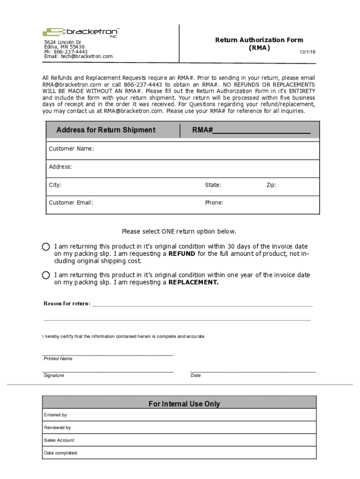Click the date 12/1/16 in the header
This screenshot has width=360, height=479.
pyautogui.click(x=307, y=52)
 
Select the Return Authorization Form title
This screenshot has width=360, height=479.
pyautogui.click(x=259, y=40)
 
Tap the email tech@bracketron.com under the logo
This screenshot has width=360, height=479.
pyautogui.click(x=78, y=57)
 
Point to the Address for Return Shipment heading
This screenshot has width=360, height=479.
pyautogui.click(x=106, y=130)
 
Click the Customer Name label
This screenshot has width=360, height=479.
pyautogui.click(x=72, y=149)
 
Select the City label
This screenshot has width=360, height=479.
pyautogui.click(x=55, y=185)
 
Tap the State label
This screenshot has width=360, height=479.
pyautogui.click(x=213, y=185)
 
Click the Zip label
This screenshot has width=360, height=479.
pyautogui.click(x=271, y=185)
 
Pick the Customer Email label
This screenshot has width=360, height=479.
pyautogui.click(x=71, y=203)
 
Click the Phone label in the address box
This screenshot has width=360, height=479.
pyautogui.click(x=214, y=203)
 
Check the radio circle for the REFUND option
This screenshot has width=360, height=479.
pyautogui.click(x=46, y=247)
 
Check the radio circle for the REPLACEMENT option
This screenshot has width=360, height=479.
pyautogui.click(x=46, y=275)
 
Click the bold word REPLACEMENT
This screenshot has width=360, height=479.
pyautogui.click(x=193, y=283)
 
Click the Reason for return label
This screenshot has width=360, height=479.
pyautogui.click(x=67, y=304)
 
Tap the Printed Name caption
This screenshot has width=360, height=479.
pyautogui.click(x=58, y=359)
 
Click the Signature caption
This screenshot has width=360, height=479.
pyautogui.click(x=54, y=376)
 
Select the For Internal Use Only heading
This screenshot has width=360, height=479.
pyautogui.click(x=184, y=404)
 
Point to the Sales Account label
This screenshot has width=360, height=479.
pyautogui.click(x=59, y=440)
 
